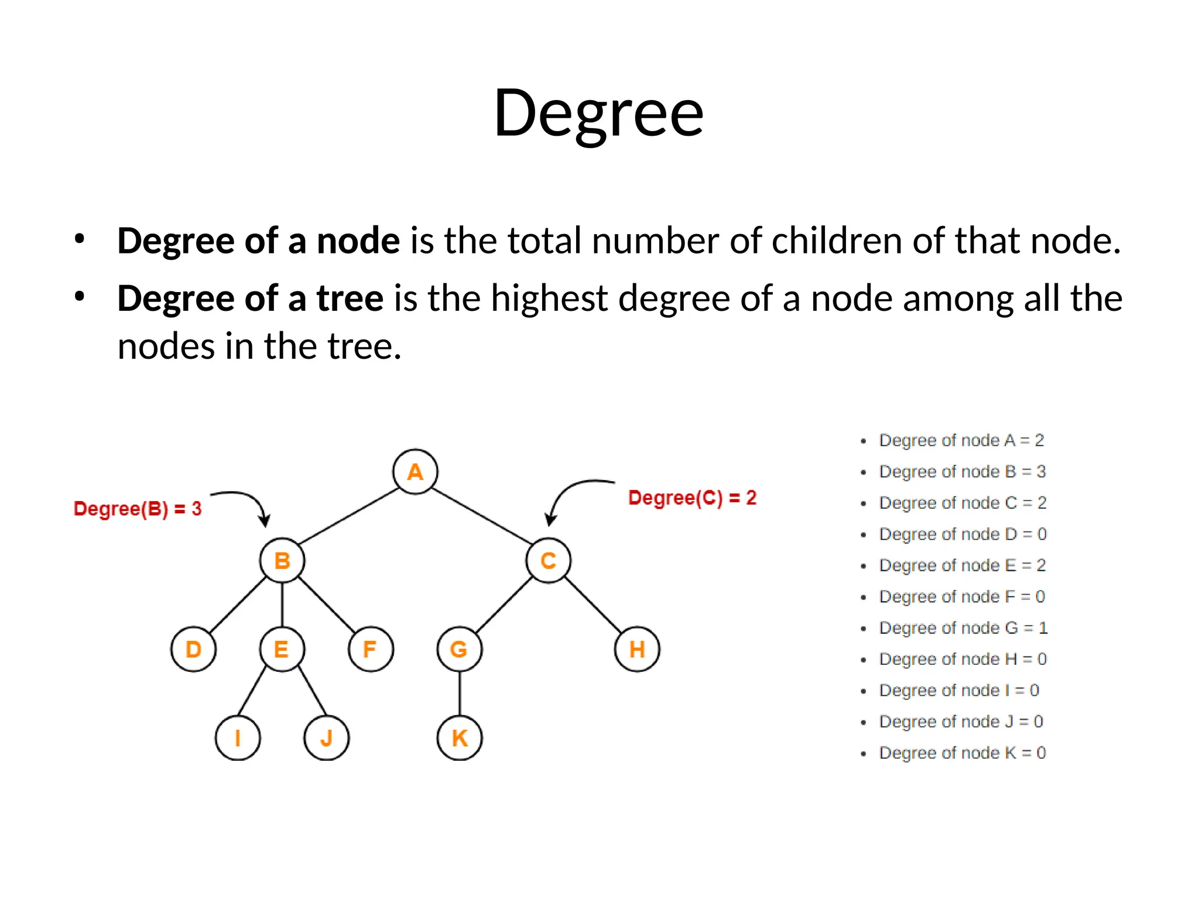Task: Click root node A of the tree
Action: coord(415,472)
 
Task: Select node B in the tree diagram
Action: coord(282,561)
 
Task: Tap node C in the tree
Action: coord(548,561)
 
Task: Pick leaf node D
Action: coord(193,649)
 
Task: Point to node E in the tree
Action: coord(282,649)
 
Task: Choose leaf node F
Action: coord(371,649)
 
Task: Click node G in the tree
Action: coord(459,649)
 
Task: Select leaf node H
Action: coord(637,649)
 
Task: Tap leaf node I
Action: coord(238,738)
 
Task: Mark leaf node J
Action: coord(326,738)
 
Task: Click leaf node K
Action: coord(460,738)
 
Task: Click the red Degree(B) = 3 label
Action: coord(138,509)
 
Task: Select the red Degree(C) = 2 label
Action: coord(692,498)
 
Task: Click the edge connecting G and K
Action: coord(460,694)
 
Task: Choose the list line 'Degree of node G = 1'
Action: coord(963,628)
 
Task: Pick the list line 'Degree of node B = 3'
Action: coord(962,472)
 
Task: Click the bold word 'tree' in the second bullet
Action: coord(350,298)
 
